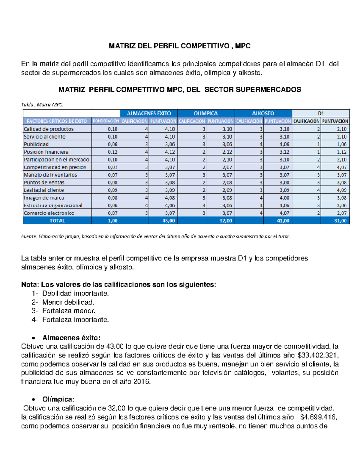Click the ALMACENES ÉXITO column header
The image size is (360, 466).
(149, 113)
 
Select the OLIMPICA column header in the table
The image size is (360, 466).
(206, 113)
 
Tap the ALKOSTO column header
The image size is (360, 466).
(263, 113)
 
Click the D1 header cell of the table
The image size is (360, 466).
(321, 113)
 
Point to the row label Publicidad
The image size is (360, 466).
(36, 144)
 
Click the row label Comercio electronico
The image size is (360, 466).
(49, 213)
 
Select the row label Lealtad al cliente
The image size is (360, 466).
(44, 190)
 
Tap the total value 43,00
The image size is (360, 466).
(169, 221)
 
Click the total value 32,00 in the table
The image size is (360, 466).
(226, 221)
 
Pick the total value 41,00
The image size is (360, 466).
(283, 221)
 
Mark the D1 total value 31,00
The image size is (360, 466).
(340, 221)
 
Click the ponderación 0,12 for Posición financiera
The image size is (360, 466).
(112, 152)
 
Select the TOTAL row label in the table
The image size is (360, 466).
(57, 221)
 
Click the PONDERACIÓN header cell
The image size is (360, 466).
(106, 121)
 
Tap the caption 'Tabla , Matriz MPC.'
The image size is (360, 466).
(42, 105)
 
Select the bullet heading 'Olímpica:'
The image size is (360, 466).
(58, 400)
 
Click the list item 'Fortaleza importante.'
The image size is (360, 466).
(75, 320)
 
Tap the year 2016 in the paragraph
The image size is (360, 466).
(141, 382)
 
